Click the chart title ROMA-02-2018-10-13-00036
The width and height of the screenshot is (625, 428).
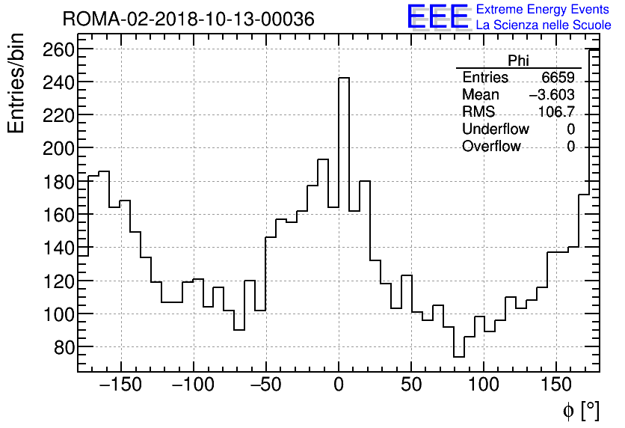pyautogui.click(x=188, y=19)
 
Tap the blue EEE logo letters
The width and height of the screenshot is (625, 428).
pyautogui.click(x=437, y=17)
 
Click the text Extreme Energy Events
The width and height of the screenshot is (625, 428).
pyautogui.click(x=543, y=10)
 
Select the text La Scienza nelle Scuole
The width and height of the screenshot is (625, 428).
pyautogui.click(x=543, y=25)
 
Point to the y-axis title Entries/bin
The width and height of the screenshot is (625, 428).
pyautogui.click(x=16, y=82)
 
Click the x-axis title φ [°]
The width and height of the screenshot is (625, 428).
pyautogui.click(x=581, y=410)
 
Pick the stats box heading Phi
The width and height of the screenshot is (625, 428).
pyautogui.click(x=518, y=61)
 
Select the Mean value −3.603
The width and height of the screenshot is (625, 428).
pyautogui.click(x=552, y=95)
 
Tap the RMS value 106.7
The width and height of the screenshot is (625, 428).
pyautogui.click(x=556, y=112)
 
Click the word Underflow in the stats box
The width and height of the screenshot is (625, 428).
pyautogui.click(x=495, y=129)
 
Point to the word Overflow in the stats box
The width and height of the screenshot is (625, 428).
pyautogui.click(x=490, y=147)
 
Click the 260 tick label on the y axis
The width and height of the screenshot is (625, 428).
pyautogui.click(x=58, y=49)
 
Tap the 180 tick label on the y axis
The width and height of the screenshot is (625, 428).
pyautogui.click(x=58, y=182)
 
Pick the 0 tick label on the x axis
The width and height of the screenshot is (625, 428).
pyautogui.click(x=339, y=385)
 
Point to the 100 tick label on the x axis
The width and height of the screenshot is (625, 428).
pyautogui.click(x=484, y=385)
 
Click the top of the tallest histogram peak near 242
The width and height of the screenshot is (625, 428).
pyautogui.click(x=344, y=78)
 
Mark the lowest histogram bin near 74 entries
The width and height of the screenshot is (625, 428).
pyautogui.click(x=458, y=357)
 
